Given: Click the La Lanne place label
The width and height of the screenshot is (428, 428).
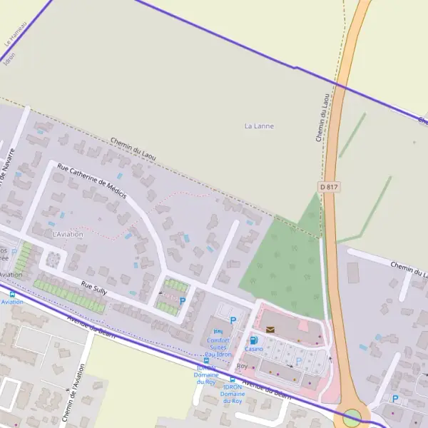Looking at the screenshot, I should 259,126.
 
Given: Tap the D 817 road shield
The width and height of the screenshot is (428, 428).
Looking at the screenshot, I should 327,186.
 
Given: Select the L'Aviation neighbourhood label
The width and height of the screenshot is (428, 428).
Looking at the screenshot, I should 68,234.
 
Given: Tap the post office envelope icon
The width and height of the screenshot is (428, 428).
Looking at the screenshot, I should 270,329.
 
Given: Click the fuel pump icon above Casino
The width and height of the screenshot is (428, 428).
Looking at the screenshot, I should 253,340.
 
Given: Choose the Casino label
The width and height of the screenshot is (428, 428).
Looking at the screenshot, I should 254,349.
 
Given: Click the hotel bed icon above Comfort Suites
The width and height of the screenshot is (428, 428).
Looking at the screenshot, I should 218,332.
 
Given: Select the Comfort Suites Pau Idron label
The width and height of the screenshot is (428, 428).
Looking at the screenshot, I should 218,347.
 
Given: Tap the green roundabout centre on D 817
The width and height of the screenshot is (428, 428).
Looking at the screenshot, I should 352,417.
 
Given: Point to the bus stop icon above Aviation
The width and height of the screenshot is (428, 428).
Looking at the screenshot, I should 11,294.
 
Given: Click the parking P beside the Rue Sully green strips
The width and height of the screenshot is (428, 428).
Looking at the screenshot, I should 183,301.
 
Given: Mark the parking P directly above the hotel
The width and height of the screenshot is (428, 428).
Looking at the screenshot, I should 233,320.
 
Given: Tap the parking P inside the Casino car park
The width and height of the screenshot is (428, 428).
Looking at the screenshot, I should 299,361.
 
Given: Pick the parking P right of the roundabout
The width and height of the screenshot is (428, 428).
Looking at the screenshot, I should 395,399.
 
